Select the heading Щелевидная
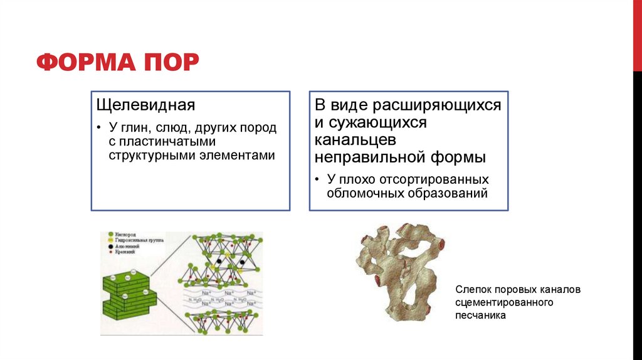click(x=145, y=104)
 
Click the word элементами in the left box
click(x=244, y=155)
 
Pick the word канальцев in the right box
click(x=355, y=139)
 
